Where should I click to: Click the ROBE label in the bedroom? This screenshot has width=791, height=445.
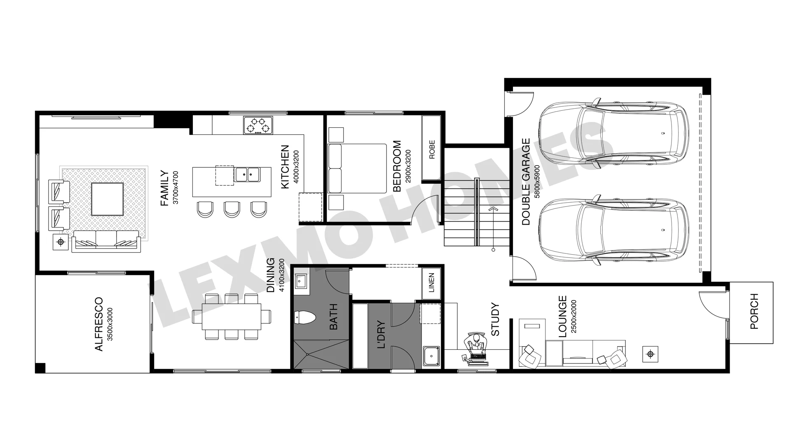tap(432, 150)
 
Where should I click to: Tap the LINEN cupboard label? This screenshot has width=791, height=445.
tap(431, 283)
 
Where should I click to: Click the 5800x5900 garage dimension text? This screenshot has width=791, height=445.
tap(537, 182)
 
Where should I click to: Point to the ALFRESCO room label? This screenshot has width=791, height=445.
tap(99, 324)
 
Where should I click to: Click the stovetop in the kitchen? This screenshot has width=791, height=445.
tap(258, 125)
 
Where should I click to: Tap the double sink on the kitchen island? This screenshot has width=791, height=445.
tap(247, 175)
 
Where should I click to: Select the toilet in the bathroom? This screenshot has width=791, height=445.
tap(305, 318)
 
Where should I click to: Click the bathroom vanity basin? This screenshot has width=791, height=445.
tap(302, 281)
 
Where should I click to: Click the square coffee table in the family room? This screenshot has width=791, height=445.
tap(107, 199)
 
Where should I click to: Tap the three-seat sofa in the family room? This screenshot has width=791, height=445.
tap(105, 241)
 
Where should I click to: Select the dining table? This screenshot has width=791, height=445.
tap(232, 316)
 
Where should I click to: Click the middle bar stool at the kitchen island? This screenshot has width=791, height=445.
tap(232, 209)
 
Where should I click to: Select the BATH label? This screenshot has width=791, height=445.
tap(334, 317)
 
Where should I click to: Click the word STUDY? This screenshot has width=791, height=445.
tap(495, 319)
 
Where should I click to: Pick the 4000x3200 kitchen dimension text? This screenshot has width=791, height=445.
tap(295, 167)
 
